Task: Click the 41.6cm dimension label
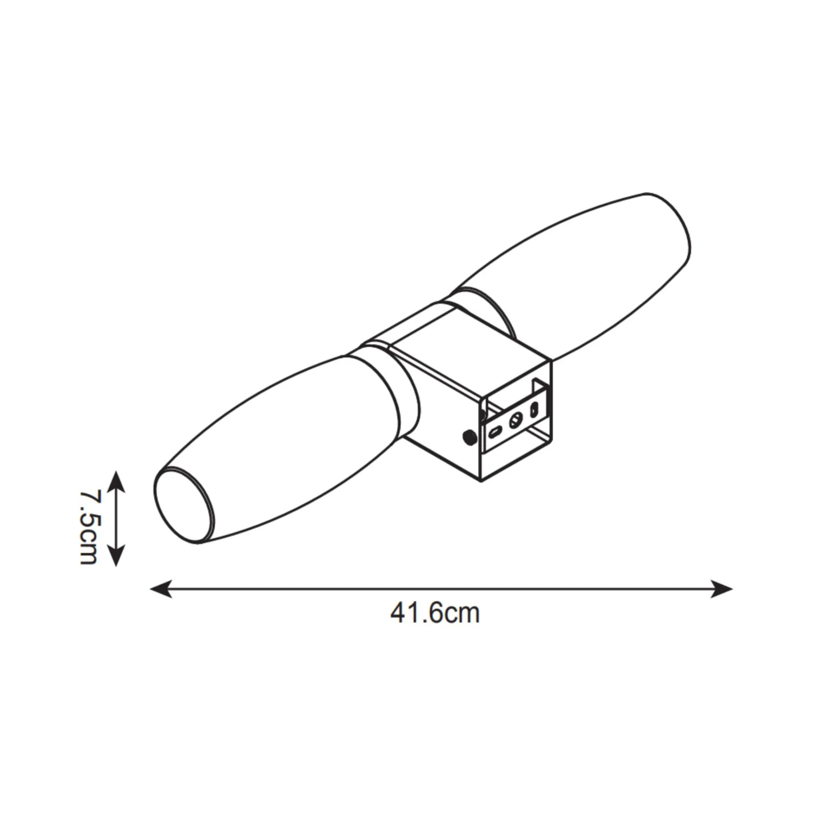pyautogui.click(x=435, y=613)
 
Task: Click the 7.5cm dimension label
pyautogui.click(x=89, y=519)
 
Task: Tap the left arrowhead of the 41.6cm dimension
pyautogui.click(x=161, y=588)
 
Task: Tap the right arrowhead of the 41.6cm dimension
pyautogui.click(x=722, y=588)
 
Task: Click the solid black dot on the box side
pyautogui.click(x=467, y=436)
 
